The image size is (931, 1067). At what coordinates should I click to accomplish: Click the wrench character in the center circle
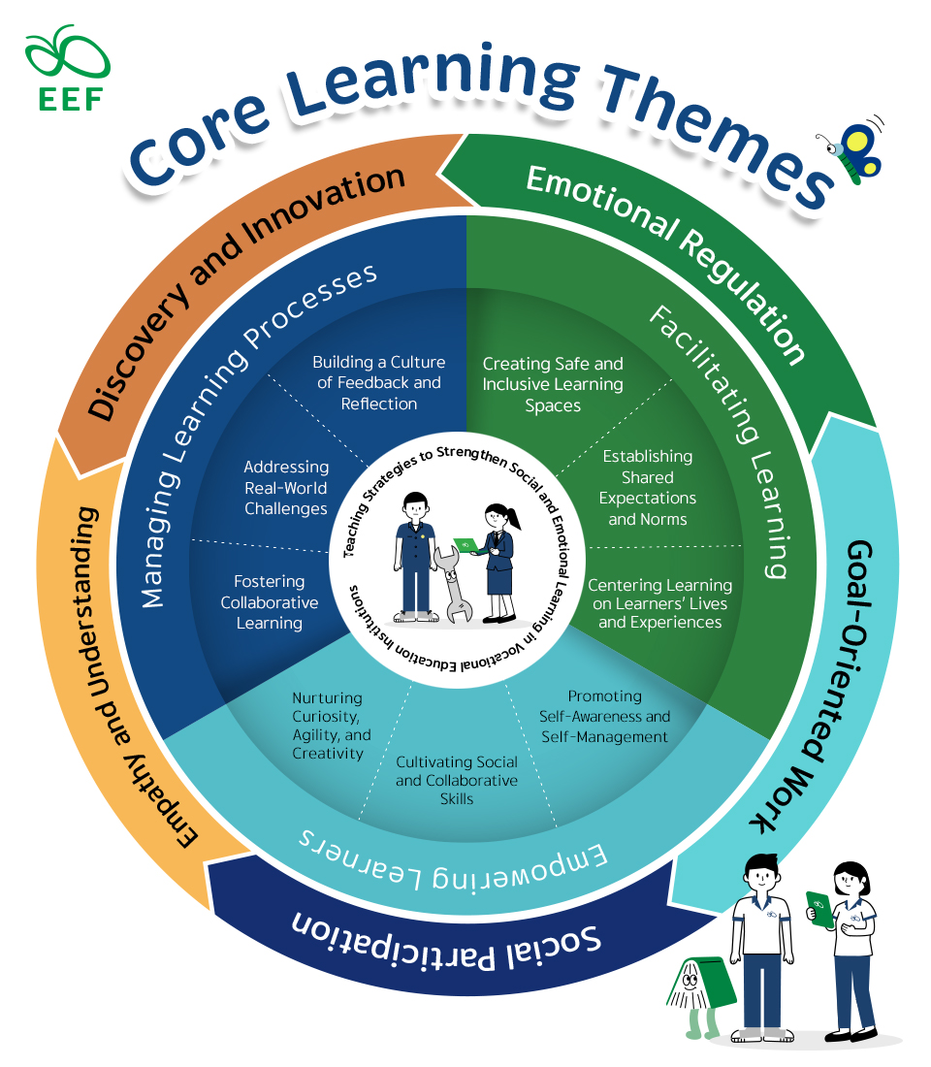tap(453, 581)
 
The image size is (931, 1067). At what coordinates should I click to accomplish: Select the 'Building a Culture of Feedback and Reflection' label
tap(378, 383)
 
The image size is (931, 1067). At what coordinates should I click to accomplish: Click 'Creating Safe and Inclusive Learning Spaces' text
tap(553, 384)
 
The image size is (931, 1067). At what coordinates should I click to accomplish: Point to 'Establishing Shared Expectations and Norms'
tap(647, 487)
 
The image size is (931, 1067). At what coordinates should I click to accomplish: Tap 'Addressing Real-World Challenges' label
tap(286, 488)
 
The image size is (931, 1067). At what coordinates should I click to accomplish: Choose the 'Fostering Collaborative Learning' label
tap(270, 602)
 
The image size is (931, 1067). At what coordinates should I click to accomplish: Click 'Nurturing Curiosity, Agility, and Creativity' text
tap(331, 726)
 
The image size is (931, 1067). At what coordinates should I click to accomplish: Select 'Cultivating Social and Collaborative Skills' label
tap(457, 780)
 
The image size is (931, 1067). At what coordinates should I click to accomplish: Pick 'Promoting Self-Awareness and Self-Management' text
tap(604, 717)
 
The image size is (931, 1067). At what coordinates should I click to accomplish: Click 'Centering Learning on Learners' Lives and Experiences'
tap(659, 603)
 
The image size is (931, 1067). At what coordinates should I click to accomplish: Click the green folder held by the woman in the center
tap(466, 544)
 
